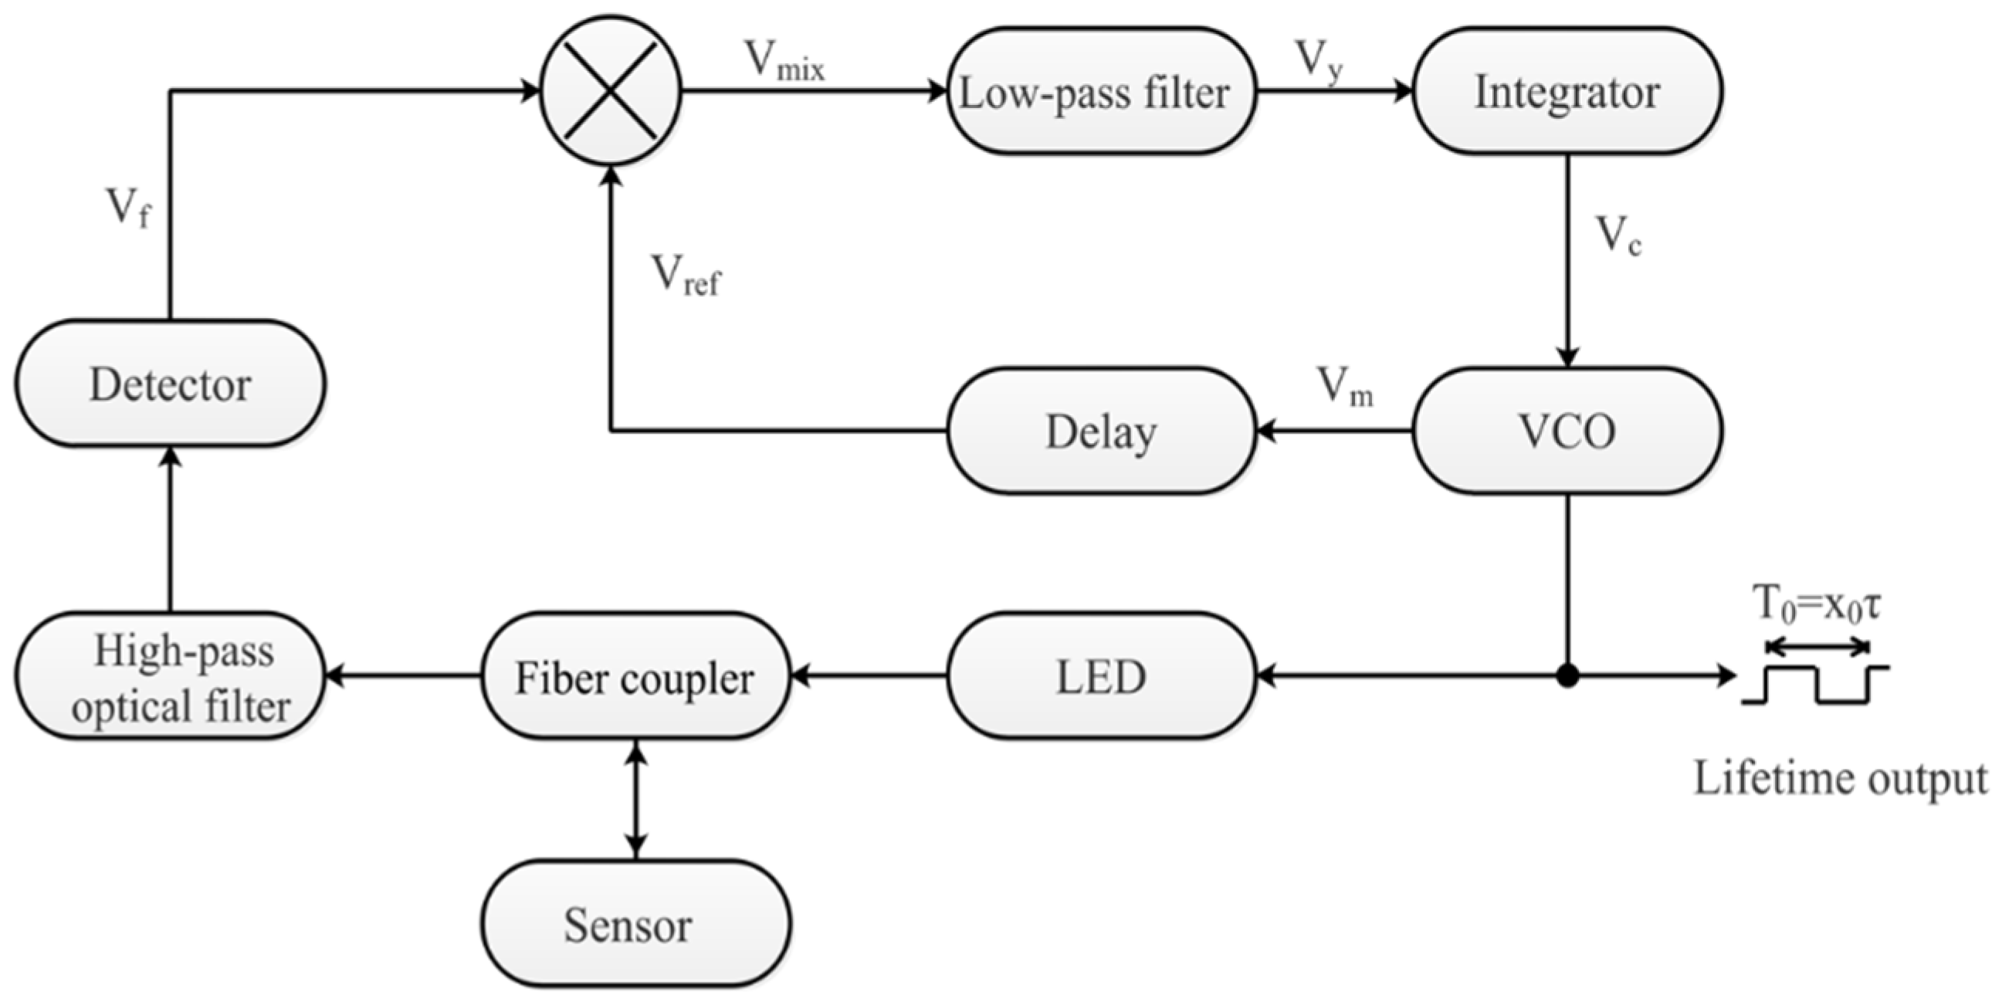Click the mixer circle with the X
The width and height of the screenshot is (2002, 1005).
tap(611, 91)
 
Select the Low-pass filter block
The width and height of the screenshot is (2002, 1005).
tap(1099, 92)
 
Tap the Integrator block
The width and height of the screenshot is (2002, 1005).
tap(1567, 92)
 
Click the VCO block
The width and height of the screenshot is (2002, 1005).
tap(1567, 431)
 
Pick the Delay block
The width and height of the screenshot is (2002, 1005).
tap(1101, 431)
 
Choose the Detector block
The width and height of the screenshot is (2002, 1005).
tap(170, 383)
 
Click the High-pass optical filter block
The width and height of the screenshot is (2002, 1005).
tap(170, 676)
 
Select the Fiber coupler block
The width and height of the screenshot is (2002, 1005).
tap(635, 676)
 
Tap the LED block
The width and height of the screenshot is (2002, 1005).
tap(1101, 676)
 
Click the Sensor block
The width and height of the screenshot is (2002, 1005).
tap(635, 924)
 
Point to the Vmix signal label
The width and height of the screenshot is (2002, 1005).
tap(784, 60)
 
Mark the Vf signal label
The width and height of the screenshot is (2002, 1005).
tap(128, 208)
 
